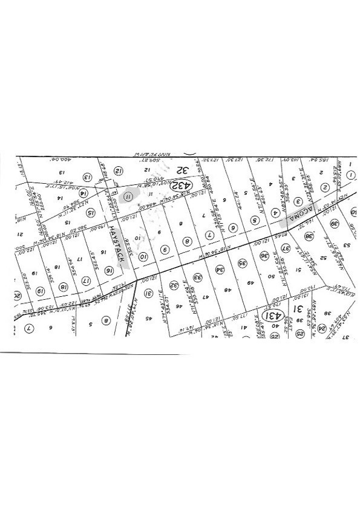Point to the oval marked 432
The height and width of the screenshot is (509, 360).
pyautogui.click(x=180, y=183)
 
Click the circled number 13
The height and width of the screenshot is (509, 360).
pyautogui.click(x=87, y=178)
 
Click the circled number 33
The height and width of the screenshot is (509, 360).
pyautogui.click(x=197, y=277)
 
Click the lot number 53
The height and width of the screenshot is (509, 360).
pyautogui.click(x=347, y=245)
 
